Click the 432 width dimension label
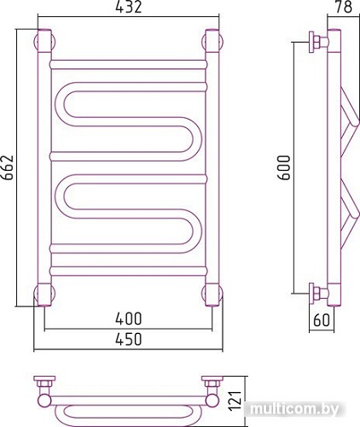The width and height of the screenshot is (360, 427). coord(129,7)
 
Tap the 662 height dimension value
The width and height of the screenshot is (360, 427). coord(8,167)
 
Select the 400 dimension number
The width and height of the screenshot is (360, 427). coord(129,319)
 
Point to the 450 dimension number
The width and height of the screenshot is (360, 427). coord(129,339)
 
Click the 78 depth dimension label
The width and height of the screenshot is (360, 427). coord(344,7)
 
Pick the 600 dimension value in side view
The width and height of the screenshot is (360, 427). coord(284,167)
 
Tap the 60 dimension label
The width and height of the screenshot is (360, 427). coord(322,320)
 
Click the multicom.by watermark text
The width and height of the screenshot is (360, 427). coord(295,410)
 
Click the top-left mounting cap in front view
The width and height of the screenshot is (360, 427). coord(44,42)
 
